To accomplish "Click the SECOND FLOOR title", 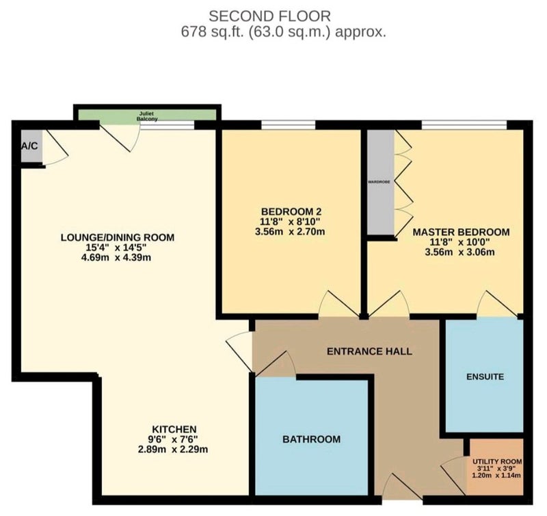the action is point(269,16).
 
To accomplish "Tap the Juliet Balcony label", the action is point(146,116).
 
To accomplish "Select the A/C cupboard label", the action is point(29,146).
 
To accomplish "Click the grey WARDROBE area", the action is point(381,182).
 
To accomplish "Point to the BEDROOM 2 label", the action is point(291,211).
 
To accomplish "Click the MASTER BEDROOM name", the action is point(461,232).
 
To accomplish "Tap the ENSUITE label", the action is point(485,376).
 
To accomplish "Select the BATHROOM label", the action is point(311,439).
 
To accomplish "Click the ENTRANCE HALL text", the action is point(369,351).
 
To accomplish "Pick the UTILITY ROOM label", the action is point(497,461).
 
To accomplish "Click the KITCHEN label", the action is point(174,428).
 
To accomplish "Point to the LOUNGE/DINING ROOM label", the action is point(118,237).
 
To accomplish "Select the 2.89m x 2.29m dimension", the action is point(173,449).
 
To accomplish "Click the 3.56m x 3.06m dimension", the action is point(459,252).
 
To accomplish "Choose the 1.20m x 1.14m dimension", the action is point(496,475).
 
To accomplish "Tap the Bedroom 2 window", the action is point(288,125).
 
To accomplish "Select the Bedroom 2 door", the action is point(339,304).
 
